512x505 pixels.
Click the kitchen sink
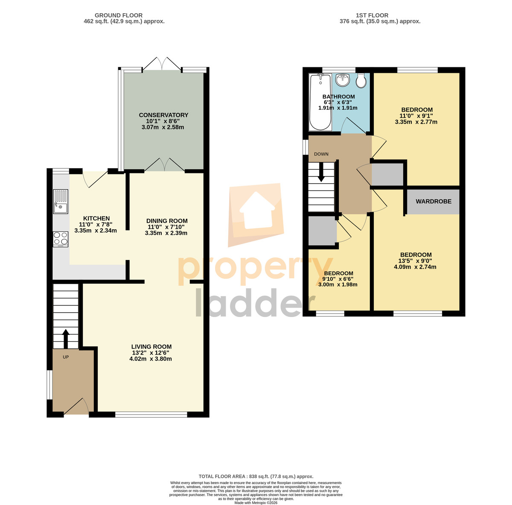click(61, 201)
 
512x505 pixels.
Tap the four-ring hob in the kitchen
click(61, 239)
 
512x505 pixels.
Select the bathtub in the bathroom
click(320, 102)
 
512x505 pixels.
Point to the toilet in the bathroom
click(361, 81)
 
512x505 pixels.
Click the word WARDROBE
click(433, 201)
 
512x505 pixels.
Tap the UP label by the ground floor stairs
click(66, 357)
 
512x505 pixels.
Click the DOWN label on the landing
click(321, 154)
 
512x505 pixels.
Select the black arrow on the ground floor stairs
click(66, 339)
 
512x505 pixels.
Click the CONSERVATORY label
click(163, 115)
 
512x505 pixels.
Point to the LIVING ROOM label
click(151, 346)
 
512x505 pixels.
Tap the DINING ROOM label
click(167, 221)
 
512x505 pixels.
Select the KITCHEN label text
click(96, 218)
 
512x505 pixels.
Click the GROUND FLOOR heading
click(119, 15)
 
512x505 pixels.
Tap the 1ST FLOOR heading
click(372, 15)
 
